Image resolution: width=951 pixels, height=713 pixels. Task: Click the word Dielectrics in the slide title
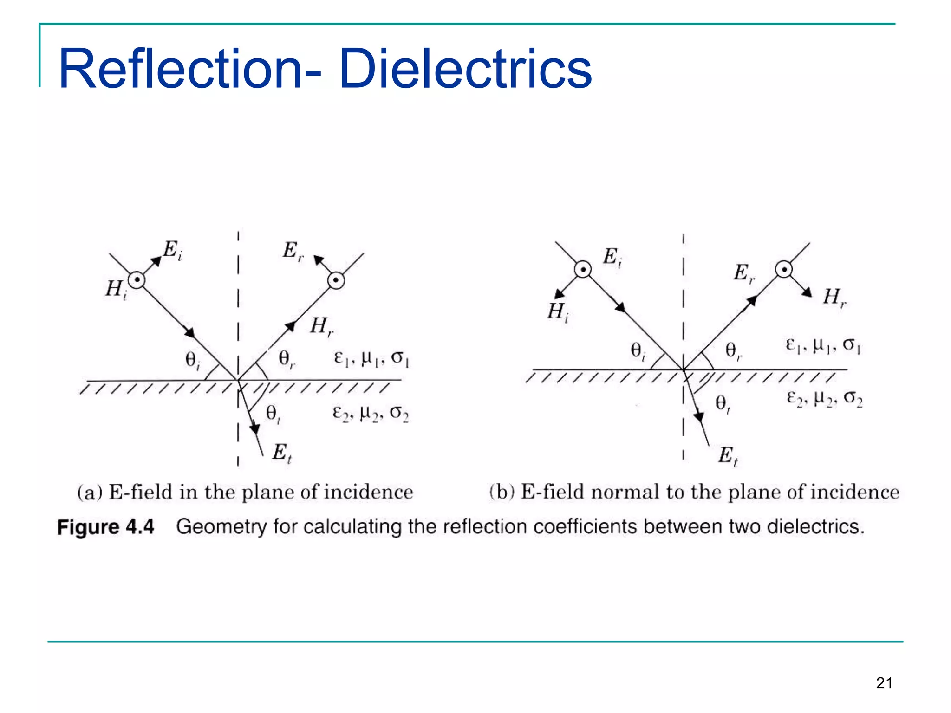pos(465,70)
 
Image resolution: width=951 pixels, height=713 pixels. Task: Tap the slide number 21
pos(884,683)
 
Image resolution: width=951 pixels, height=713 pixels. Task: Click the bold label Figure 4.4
pos(105,527)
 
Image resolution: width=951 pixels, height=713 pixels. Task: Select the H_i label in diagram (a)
pos(116,290)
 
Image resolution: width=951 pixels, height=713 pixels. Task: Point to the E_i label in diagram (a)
pos(172,250)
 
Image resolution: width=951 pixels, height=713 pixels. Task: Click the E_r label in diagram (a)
pos(293,251)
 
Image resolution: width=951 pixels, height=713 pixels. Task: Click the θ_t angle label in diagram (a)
pos(273,413)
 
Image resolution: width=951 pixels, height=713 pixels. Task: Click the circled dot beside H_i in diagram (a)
pos(137,280)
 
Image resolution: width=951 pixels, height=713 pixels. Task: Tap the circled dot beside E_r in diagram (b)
pos(784,269)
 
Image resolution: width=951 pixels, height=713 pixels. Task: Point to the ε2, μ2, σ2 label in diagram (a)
pos(371,413)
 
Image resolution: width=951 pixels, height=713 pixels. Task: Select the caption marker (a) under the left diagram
pos(90,493)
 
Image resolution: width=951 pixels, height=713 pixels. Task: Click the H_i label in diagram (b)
pos(557,312)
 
